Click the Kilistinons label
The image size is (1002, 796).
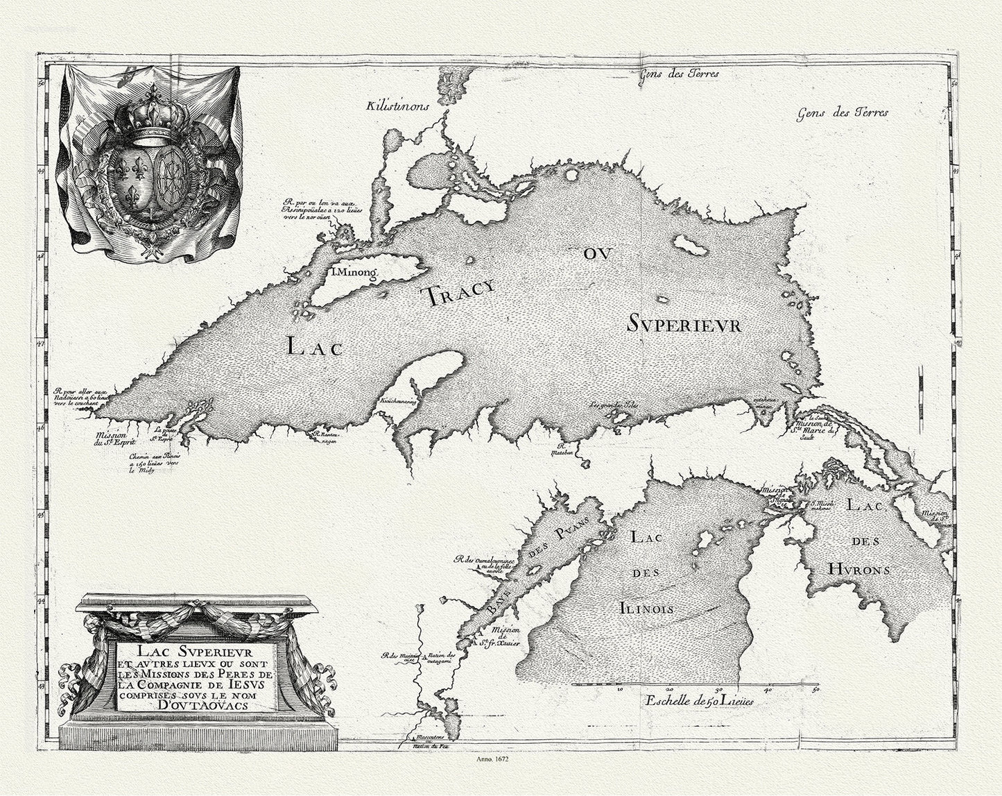coord(399,105)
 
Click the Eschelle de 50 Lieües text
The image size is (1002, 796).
coord(698,700)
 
